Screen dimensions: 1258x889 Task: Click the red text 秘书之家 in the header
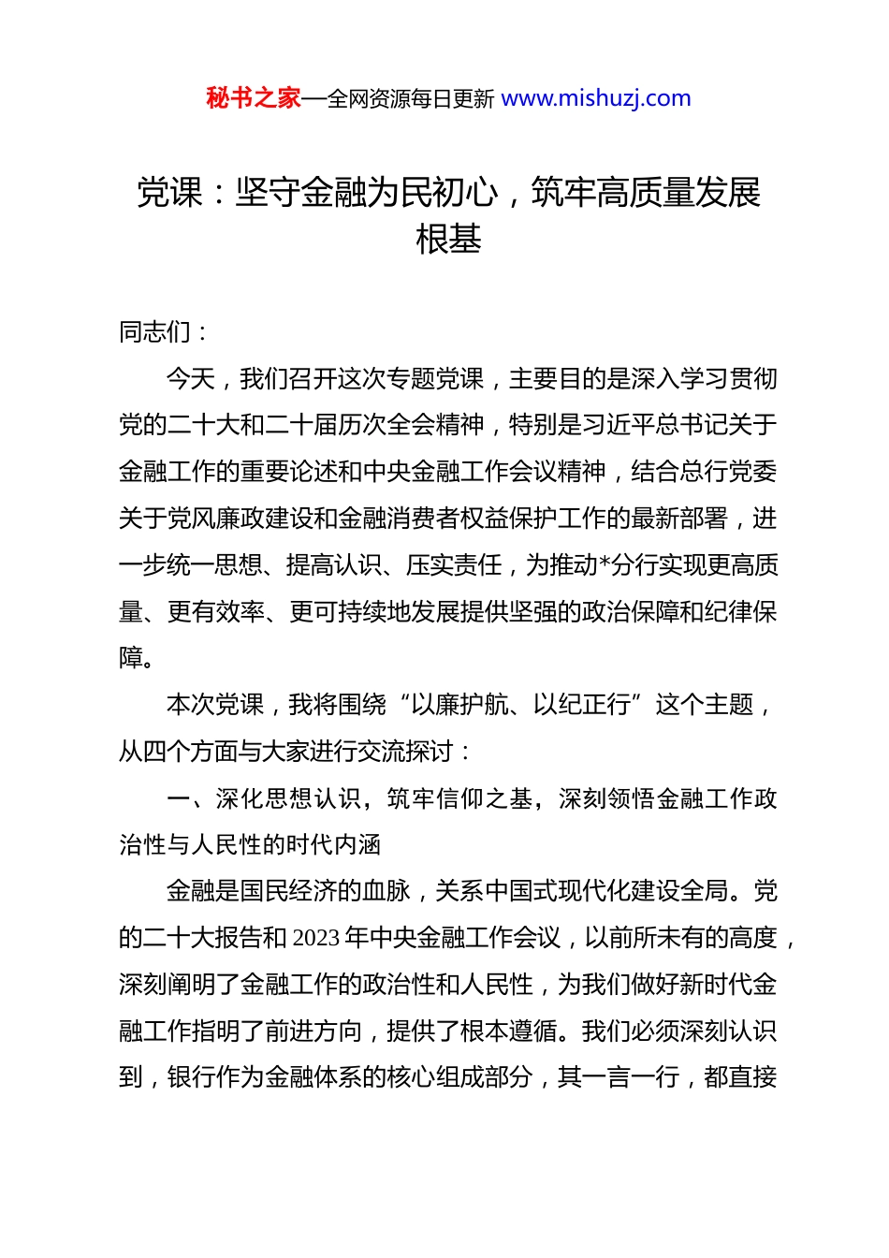click(x=254, y=98)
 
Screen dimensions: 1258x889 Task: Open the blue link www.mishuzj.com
click(x=596, y=98)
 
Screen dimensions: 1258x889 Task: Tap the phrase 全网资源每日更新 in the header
click(x=410, y=99)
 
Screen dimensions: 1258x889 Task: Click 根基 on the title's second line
click(x=448, y=240)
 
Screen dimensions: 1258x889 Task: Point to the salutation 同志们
click(x=154, y=331)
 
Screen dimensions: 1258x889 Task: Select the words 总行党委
click(x=728, y=472)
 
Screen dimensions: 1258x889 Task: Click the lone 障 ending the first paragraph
click(x=131, y=658)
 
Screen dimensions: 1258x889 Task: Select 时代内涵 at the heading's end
click(x=332, y=845)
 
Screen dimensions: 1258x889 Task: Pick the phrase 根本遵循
click(x=520, y=1031)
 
